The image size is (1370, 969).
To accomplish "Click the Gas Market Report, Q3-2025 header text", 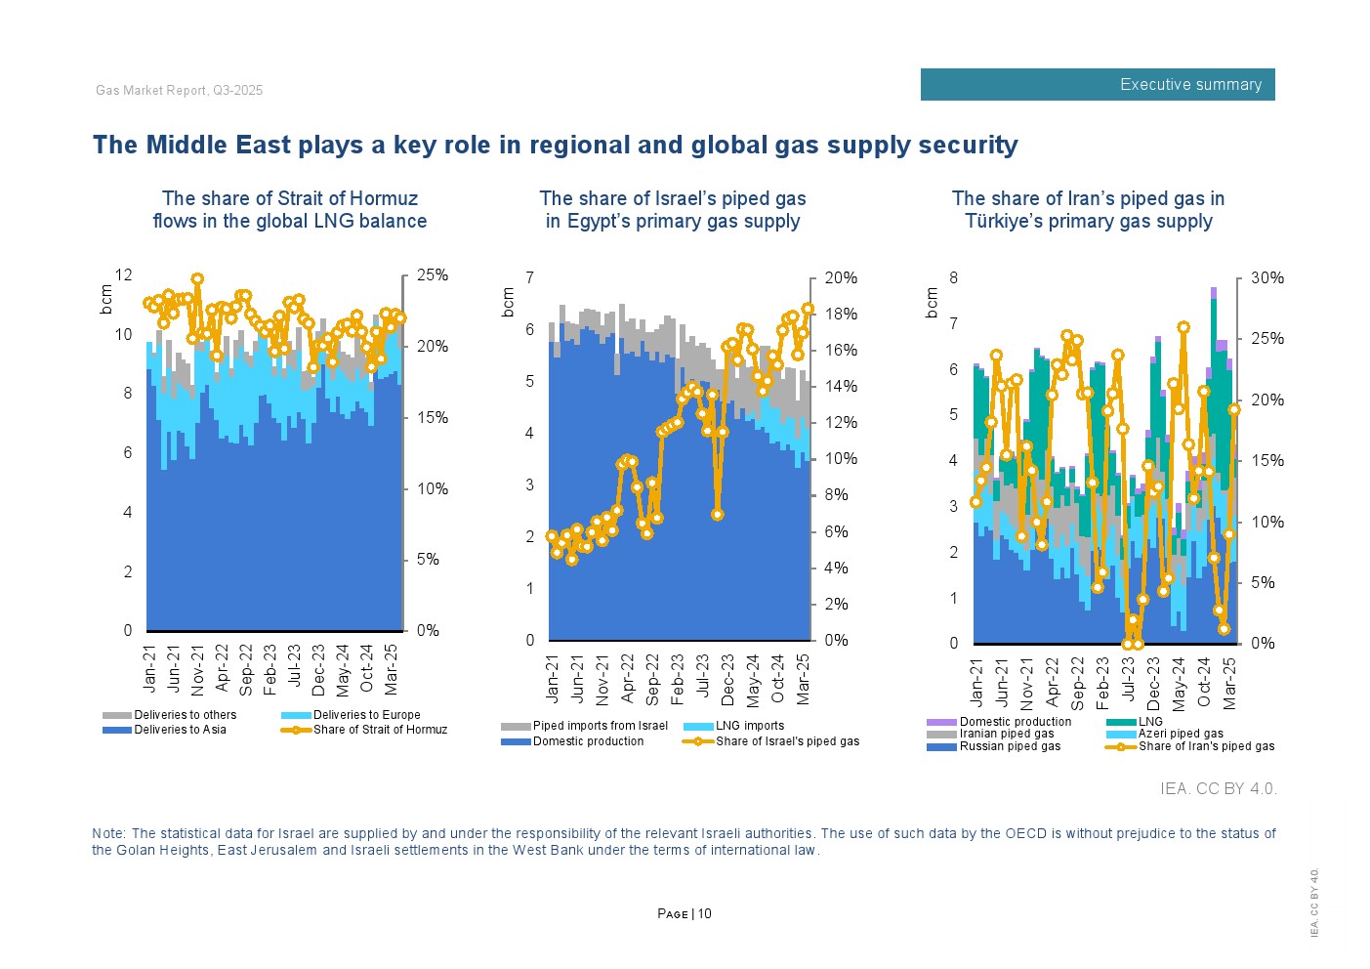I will coord(180,91).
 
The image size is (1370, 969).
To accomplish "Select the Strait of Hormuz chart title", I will coord(290,210).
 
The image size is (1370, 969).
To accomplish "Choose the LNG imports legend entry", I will coord(749,726).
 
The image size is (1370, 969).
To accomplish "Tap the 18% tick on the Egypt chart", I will coord(841,315).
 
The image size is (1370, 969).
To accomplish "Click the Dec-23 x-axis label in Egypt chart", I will coord(727,680).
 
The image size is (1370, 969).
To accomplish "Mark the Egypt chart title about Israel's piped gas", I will coord(673,210).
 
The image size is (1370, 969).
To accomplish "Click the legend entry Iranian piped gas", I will coord(1006,734).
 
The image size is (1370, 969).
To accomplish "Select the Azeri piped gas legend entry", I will coord(1180,734).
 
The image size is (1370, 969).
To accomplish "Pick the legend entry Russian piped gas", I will coord(1009,746).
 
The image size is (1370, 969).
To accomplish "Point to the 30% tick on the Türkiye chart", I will coord(1267,278).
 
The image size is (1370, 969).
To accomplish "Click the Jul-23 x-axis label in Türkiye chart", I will coord(1129,683).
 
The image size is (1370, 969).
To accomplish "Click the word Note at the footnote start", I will coord(107,833).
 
